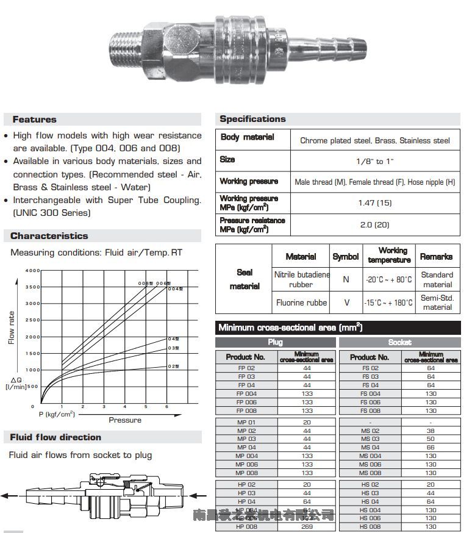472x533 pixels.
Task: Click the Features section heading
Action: (34, 120)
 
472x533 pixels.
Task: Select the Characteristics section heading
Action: (49, 236)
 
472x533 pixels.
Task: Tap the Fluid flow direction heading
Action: (55, 437)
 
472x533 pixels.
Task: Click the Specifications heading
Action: (252, 119)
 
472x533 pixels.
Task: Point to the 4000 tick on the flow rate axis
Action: (32, 270)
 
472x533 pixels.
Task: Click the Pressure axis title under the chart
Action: (125, 420)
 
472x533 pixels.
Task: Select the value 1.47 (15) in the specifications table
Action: (374, 202)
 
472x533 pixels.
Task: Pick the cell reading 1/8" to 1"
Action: (374, 162)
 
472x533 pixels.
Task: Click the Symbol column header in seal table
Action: (346, 257)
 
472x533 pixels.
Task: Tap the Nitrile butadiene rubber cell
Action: (301, 279)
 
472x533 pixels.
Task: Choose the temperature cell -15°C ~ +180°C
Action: (388, 302)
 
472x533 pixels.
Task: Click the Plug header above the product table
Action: (275, 343)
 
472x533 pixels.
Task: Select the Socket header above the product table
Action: (399, 343)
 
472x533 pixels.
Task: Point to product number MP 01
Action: (246, 422)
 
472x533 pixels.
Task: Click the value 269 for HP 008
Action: (307, 526)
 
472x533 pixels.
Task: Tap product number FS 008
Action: (370, 410)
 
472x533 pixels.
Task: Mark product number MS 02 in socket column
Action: (370, 431)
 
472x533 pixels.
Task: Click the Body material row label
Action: (247, 138)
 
